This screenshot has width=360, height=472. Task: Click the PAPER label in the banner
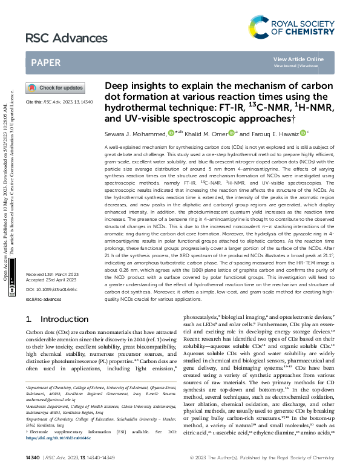45,62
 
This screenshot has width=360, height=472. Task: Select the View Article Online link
298,59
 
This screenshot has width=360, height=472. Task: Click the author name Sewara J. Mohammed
136,133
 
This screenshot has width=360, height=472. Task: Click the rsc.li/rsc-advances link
40,300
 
